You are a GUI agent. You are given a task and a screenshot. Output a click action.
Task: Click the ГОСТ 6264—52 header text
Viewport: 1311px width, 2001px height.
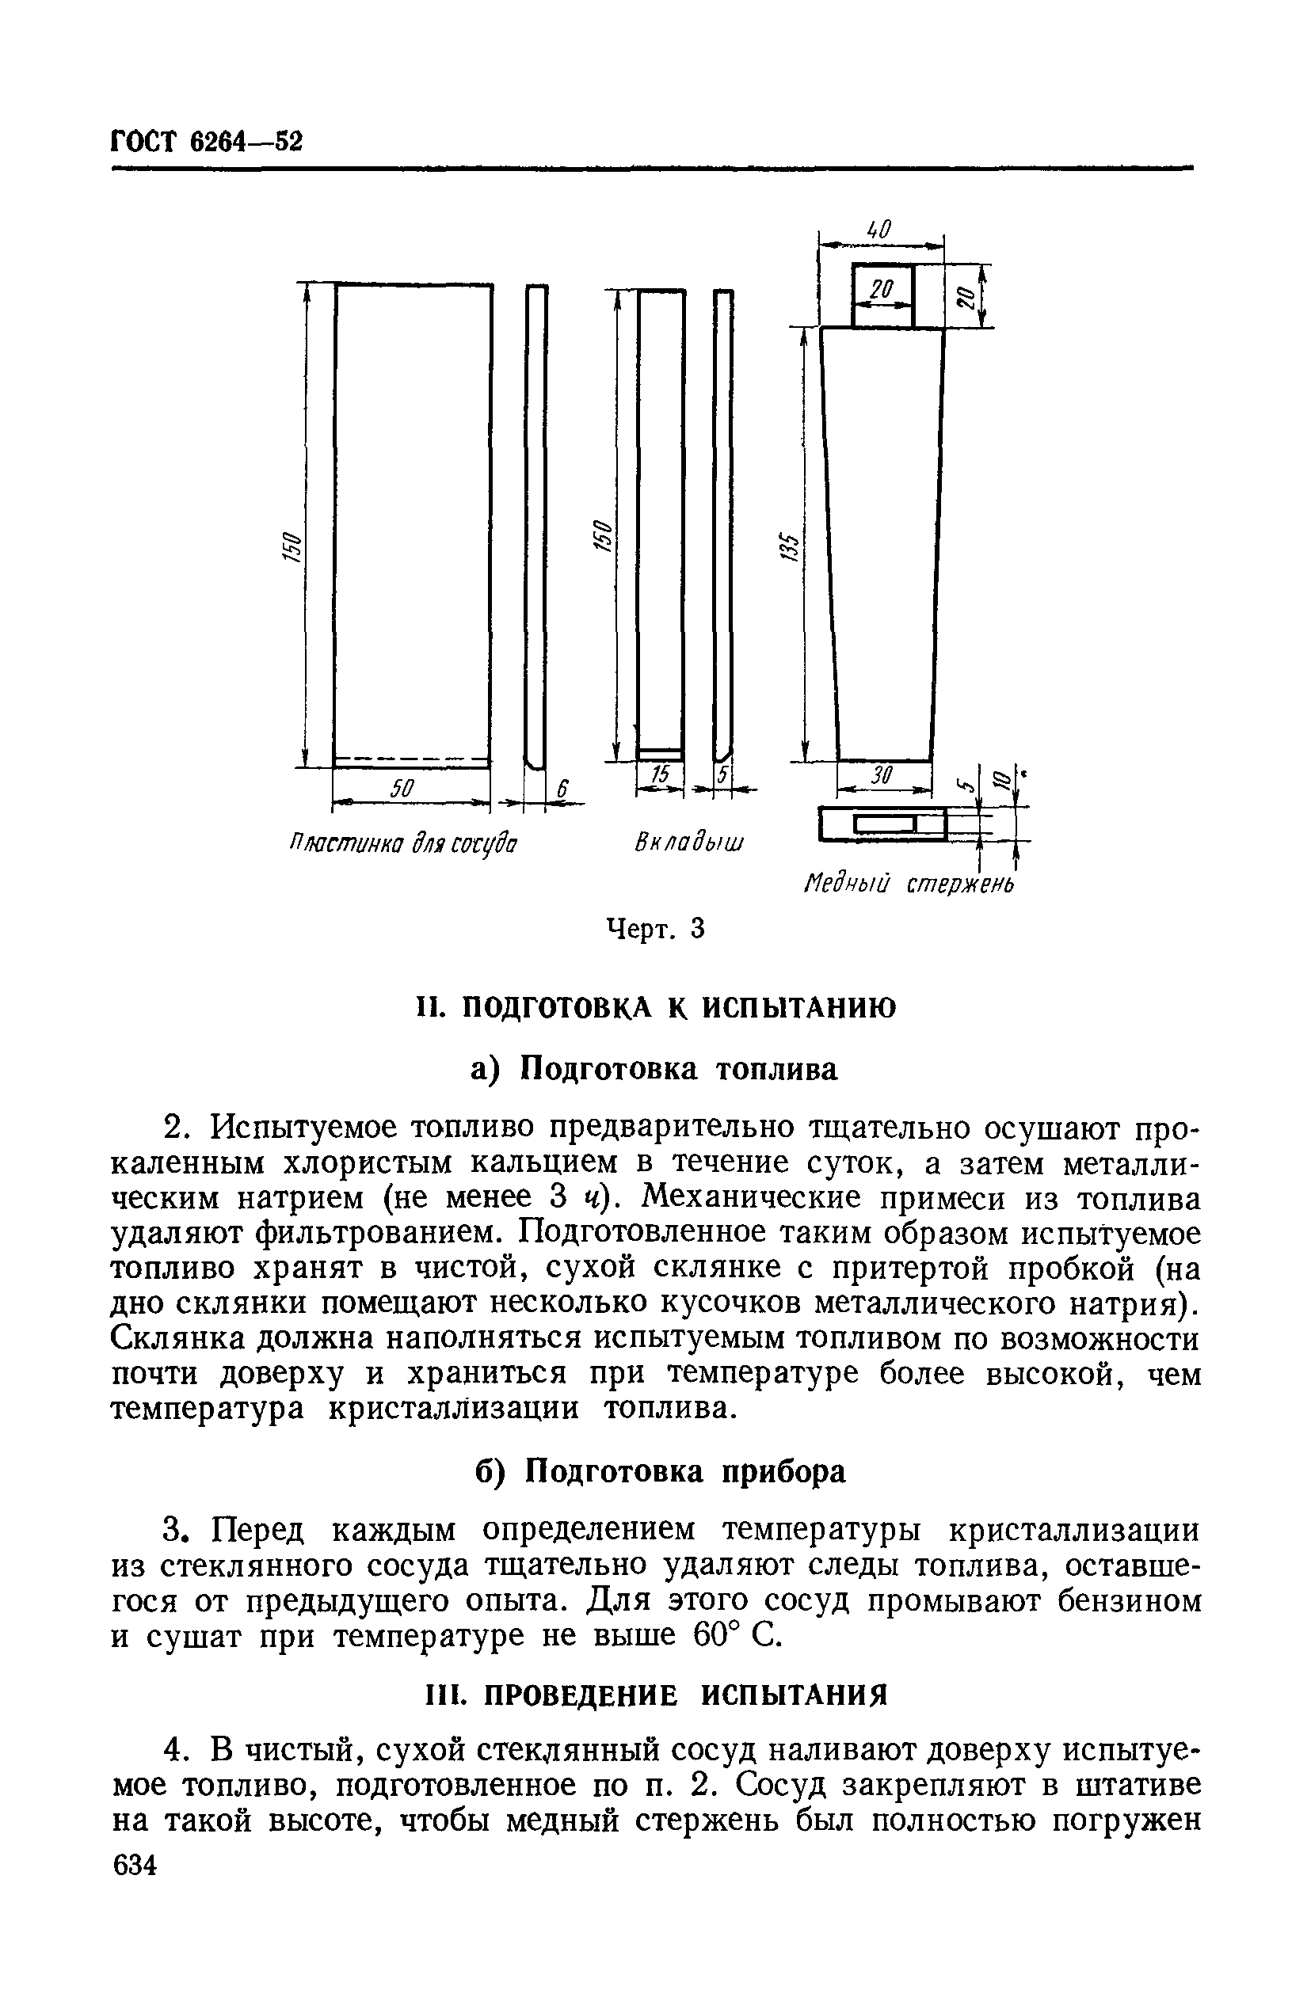[206, 141]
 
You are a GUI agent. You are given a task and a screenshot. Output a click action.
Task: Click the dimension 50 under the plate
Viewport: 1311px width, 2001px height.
[402, 788]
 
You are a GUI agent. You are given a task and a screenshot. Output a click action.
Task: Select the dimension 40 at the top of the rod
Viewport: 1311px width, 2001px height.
[878, 229]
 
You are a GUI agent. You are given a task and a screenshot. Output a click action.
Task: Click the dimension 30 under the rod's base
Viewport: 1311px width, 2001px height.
[879, 775]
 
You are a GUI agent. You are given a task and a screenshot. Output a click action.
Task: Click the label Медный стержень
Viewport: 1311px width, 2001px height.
[909, 884]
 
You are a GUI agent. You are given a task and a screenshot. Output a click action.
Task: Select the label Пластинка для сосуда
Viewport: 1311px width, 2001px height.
[402, 843]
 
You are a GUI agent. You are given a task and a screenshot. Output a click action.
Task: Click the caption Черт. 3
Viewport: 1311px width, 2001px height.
[655, 928]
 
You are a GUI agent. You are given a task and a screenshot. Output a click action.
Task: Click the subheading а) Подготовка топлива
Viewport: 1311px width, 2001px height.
[654, 1070]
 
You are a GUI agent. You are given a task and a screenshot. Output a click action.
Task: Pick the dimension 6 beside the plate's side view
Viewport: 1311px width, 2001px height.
[564, 788]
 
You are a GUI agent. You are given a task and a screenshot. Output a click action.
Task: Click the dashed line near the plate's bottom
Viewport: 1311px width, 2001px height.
[411, 760]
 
